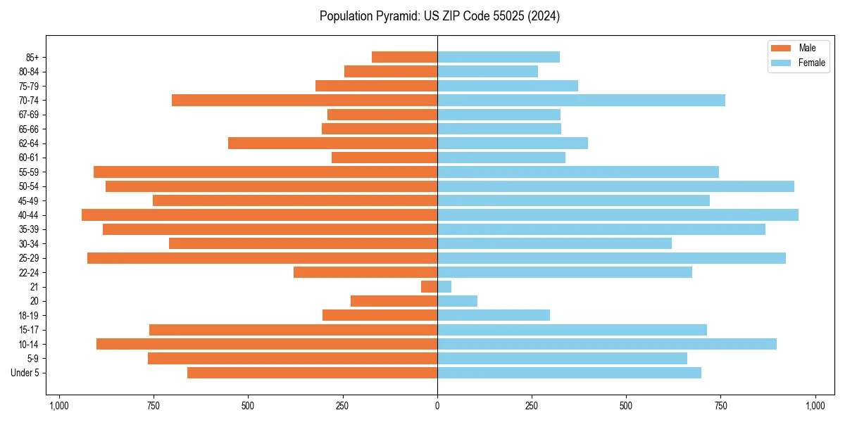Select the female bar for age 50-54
[x=615, y=186]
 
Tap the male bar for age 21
[x=430, y=287]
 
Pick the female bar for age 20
[x=457, y=301]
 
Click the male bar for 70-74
[x=304, y=101]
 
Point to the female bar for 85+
[x=499, y=57]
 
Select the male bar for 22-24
[x=365, y=272]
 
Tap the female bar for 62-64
[x=513, y=143]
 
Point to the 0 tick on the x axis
[x=437, y=406]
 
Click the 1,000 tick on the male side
[x=58, y=406]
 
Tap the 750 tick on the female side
[x=720, y=406]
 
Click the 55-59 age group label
[x=29, y=172]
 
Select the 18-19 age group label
[x=29, y=316]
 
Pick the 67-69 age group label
[x=29, y=115]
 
